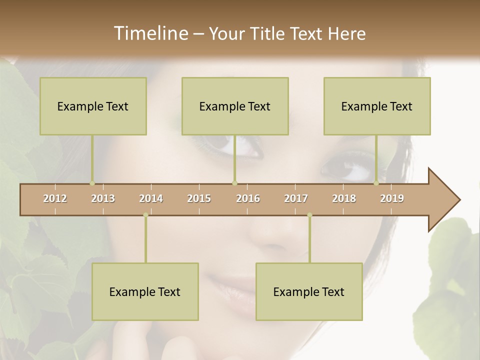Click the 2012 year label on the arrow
tap(55, 198)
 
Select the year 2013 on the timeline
tap(103, 198)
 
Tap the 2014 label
tap(151, 198)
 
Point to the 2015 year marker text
tap(199, 198)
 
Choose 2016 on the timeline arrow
tap(248, 198)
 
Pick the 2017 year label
tap(296, 198)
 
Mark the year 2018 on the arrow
tap(344, 198)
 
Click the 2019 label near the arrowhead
tap(392, 198)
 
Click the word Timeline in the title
tap(149, 33)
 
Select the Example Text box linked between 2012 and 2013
tap(93, 106)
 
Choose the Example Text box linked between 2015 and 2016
tap(235, 106)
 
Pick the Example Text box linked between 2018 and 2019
tap(377, 106)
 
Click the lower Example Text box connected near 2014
tap(145, 292)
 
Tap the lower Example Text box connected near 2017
tap(309, 292)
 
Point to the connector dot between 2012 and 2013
tap(92, 183)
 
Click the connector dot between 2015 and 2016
tap(234, 183)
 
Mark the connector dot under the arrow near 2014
tap(145, 215)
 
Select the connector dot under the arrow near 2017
tap(309, 215)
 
